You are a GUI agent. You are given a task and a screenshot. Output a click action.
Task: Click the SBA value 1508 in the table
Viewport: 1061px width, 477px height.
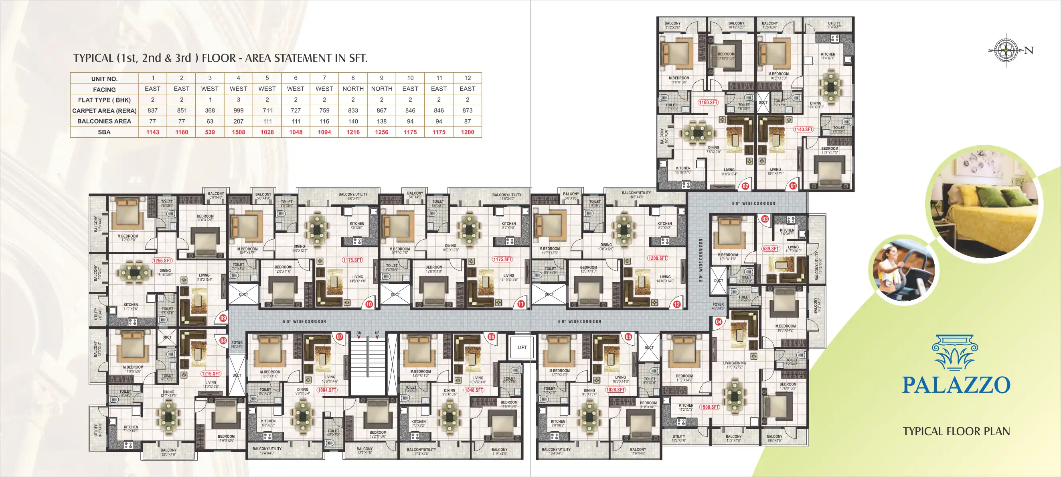(238, 132)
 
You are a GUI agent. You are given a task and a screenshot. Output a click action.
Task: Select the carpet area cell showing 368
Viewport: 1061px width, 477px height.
(210, 110)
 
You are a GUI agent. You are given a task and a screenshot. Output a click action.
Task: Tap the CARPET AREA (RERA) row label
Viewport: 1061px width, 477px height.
(104, 110)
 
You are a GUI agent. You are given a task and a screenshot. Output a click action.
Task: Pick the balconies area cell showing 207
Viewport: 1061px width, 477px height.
(238, 121)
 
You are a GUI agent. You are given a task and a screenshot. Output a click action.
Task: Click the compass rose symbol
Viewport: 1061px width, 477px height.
(1006, 50)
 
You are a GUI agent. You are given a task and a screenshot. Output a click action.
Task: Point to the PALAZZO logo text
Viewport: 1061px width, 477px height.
(956, 385)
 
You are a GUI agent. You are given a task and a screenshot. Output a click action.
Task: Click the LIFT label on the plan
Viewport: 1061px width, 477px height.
(522, 348)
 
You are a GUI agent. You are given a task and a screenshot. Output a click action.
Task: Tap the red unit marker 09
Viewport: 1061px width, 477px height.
(223, 318)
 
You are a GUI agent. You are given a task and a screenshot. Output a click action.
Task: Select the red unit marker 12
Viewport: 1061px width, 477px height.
(677, 304)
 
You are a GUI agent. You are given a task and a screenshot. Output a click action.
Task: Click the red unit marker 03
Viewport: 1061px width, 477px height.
(765, 219)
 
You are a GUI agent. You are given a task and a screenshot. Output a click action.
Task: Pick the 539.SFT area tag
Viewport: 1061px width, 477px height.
(770, 249)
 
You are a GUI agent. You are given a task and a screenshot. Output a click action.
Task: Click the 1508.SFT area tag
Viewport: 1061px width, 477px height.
(709, 407)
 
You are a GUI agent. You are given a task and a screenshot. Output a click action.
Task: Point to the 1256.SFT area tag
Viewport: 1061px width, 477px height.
(162, 261)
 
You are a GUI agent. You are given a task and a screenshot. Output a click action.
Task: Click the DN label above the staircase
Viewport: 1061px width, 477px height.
(359, 333)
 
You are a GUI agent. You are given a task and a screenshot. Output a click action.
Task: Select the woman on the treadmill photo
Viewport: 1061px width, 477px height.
(904, 271)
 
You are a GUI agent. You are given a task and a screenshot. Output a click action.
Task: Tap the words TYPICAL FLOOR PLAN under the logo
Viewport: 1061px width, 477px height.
(956, 431)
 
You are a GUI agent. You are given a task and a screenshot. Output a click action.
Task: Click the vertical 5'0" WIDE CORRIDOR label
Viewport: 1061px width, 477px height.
(701, 260)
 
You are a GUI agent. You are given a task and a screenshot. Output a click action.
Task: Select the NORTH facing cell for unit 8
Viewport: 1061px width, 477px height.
(353, 89)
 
